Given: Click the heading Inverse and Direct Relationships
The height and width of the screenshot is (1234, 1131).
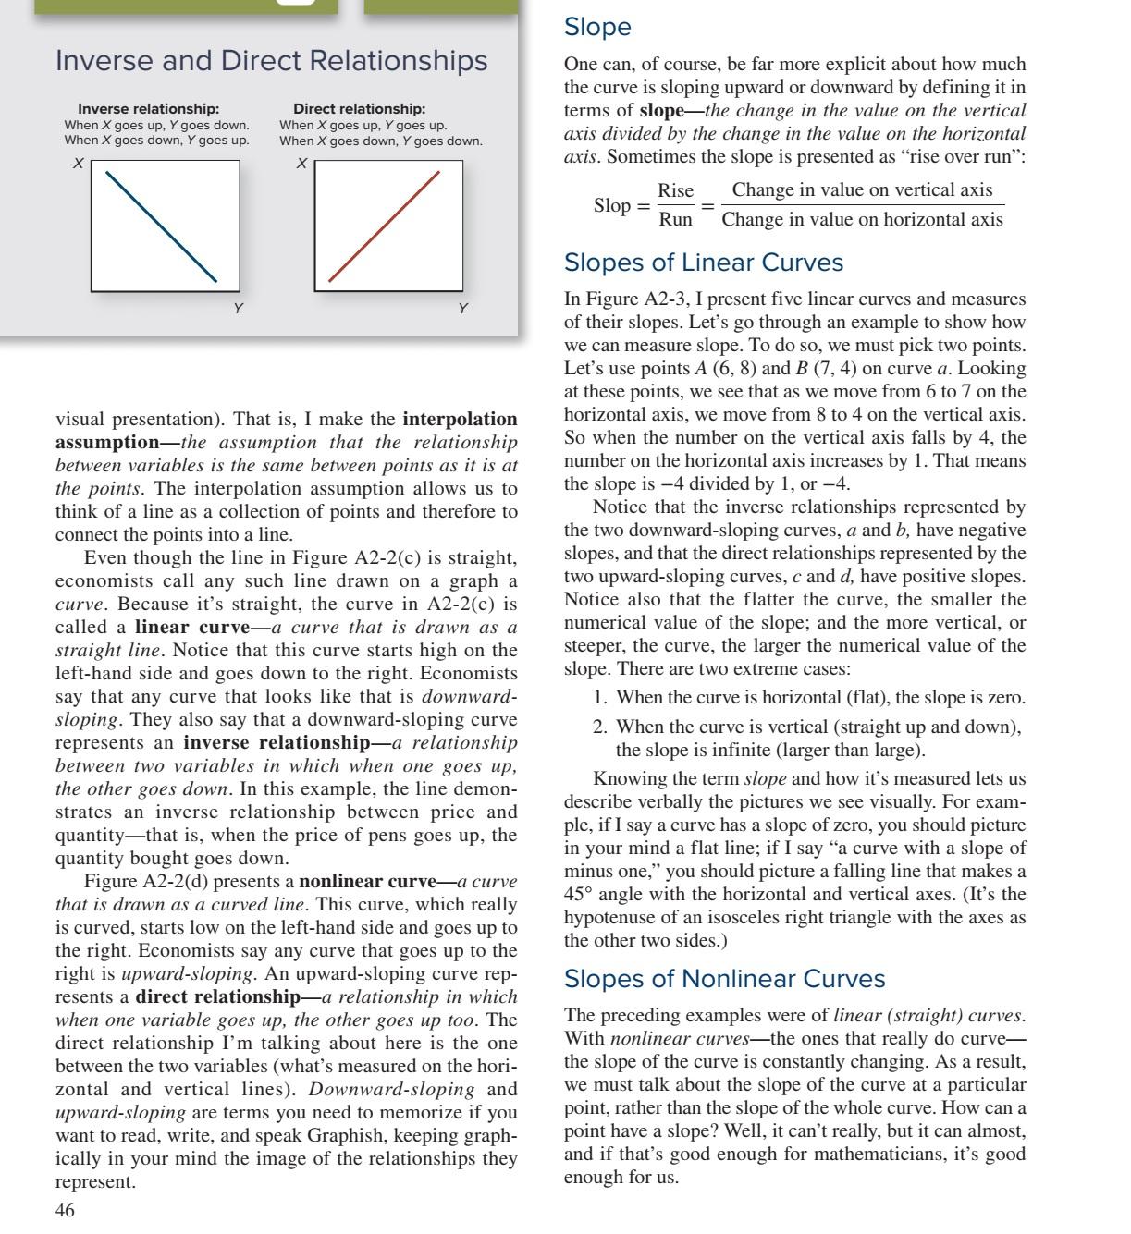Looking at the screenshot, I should point(271,61).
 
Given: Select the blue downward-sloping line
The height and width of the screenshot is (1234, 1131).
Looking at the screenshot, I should point(162,226).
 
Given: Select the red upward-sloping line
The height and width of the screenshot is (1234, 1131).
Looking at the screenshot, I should point(384,226).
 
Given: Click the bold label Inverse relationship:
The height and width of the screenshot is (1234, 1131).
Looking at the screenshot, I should point(148,109).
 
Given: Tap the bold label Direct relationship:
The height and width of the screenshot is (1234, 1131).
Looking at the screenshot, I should point(359,109).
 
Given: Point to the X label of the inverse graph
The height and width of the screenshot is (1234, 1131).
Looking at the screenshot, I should point(79,164).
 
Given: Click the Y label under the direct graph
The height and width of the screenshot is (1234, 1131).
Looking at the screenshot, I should point(462,308).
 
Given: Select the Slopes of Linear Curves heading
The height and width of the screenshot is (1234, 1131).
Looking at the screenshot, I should point(703,263).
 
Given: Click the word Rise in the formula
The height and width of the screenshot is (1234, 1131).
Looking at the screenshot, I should point(675,191).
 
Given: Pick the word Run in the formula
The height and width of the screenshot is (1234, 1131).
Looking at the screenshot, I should point(675,220).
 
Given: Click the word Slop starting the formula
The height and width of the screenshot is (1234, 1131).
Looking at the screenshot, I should point(611,205).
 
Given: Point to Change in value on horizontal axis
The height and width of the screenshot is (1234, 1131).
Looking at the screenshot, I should point(862,220).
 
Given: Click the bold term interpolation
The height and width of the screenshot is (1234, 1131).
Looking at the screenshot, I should point(460,420).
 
